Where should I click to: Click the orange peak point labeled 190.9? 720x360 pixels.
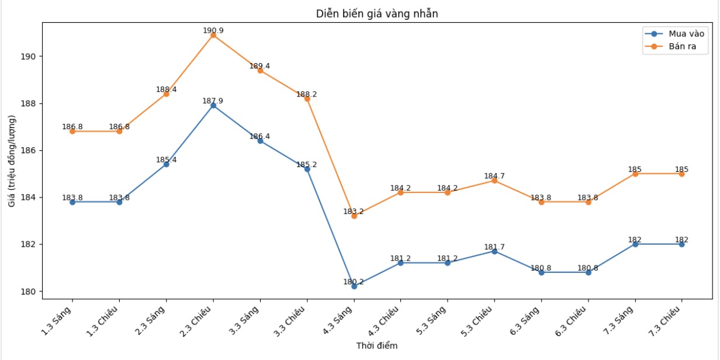[x=213, y=35]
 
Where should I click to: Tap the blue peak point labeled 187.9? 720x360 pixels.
[x=213, y=106]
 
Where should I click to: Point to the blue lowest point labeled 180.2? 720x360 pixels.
[x=354, y=286]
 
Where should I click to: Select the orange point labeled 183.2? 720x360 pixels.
[x=354, y=216]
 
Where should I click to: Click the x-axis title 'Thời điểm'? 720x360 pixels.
[x=377, y=346]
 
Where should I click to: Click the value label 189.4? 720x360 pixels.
[x=260, y=66]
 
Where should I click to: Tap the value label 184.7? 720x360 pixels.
[x=494, y=176]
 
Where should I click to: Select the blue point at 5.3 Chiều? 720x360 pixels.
[x=494, y=251]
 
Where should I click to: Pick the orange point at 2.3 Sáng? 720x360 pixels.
[x=166, y=94]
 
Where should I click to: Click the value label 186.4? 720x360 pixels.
[x=260, y=137]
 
